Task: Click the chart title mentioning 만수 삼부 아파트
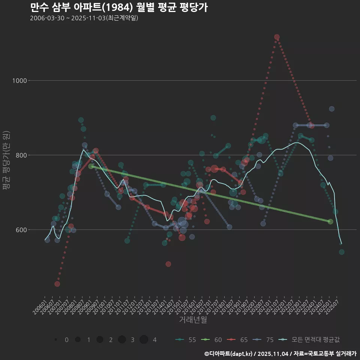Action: pos(118,7)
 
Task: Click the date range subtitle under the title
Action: pos(84,18)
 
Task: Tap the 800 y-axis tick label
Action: pos(22,155)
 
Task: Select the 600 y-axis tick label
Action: pos(22,230)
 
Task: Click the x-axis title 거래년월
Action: pos(193,319)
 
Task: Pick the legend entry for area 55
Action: pos(186,340)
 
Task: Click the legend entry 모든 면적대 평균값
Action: pos(310,340)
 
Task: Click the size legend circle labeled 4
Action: pos(144,340)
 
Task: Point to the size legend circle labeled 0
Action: pos(56,340)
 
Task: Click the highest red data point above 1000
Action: pos(277,37)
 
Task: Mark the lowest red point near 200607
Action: pos(57,284)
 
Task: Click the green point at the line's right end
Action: pos(330,222)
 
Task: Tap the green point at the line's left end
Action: pos(91,166)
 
